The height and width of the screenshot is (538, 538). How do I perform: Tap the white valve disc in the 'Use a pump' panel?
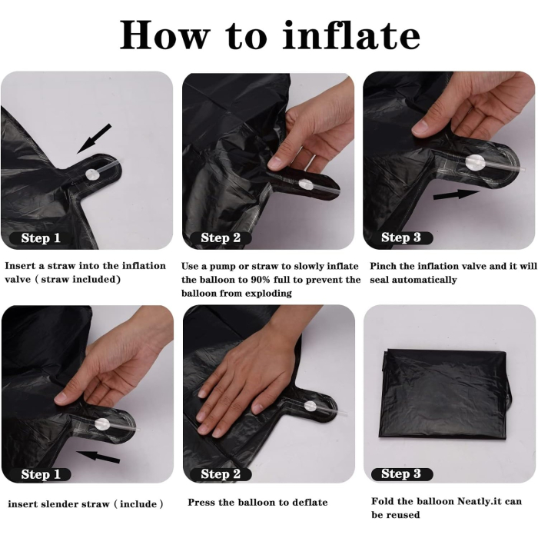[x=305, y=185]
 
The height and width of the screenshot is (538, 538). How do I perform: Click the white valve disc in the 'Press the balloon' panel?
[x=310, y=406]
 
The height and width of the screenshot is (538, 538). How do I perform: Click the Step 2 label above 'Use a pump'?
[x=221, y=238]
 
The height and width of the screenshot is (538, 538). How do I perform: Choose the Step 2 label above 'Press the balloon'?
[x=221, y=474]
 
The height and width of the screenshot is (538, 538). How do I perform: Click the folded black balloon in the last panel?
[x=446, y=392]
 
